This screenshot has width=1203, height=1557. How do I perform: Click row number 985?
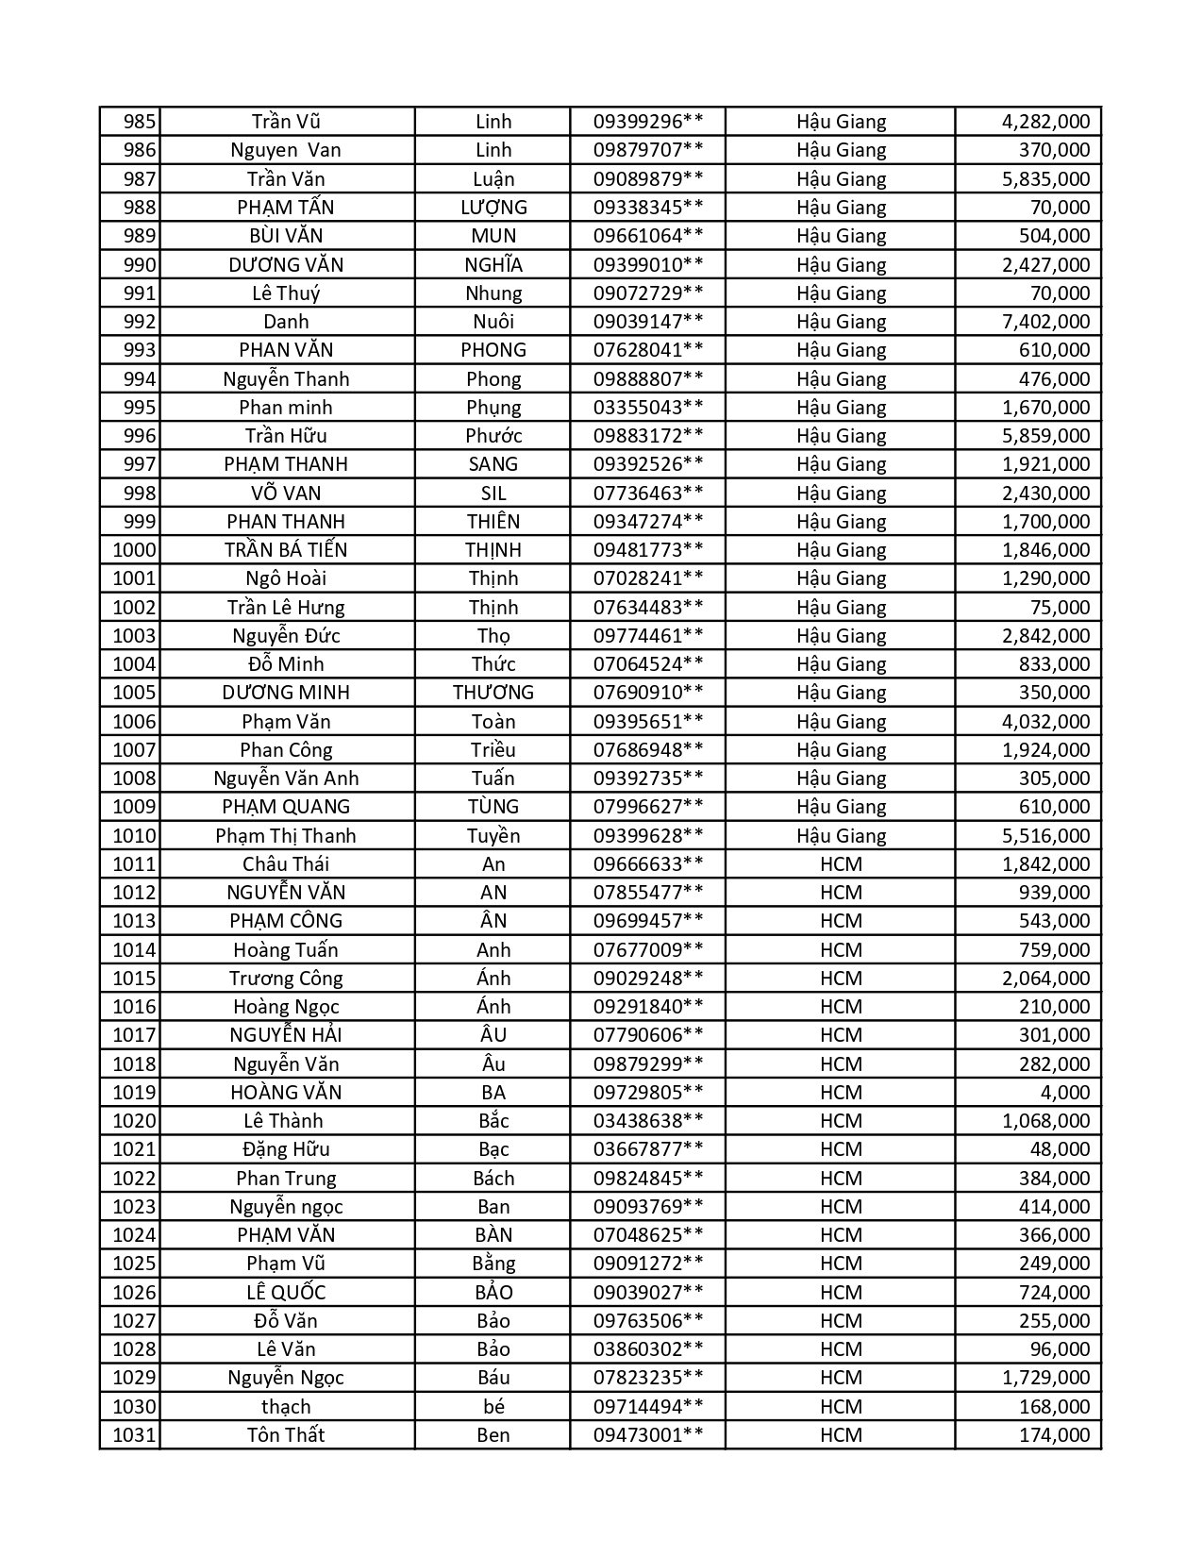(140, 122)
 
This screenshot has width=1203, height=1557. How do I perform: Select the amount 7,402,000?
(1045, 322)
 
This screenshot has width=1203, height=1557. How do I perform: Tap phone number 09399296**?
(647, 122)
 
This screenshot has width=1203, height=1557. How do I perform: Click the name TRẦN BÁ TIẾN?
(286, 550)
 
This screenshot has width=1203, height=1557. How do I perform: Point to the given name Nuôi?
(493, 322)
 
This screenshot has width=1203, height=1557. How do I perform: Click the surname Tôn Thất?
(286, 1435)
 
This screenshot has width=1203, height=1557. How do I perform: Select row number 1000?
(134, 550)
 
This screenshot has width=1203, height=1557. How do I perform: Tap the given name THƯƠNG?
(493, 693)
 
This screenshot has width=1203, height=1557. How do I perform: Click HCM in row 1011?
(841, 864)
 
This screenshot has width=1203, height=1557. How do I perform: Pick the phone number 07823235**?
(647, 1378)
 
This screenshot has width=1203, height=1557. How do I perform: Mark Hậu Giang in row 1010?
(841, 836)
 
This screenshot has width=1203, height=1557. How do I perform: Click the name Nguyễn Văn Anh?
(286, 778)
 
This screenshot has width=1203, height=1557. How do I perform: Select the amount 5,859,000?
(1045, 436)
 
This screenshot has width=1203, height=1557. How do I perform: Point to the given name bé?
(493, 1407)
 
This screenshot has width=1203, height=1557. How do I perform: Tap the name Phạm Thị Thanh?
(286, 836)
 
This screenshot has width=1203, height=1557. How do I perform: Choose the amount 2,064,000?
(1045, 979)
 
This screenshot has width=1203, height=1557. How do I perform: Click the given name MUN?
(493, 236)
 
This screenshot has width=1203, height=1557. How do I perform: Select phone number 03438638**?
(647, 1121)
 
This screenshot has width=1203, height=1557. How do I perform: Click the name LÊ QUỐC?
(286, 1293)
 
